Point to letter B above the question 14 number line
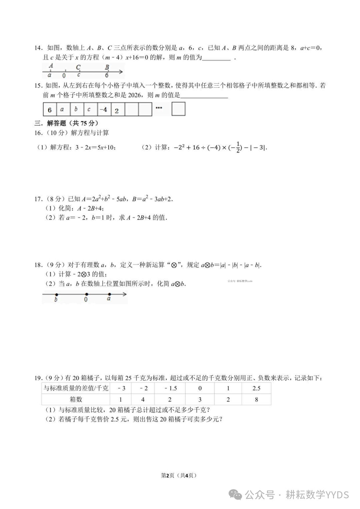(107, 67)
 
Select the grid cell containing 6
(50, 110)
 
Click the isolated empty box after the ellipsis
(178, 109)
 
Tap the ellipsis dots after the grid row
(159, 108)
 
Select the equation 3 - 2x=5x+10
(96, 147)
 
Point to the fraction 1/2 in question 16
(238, 147)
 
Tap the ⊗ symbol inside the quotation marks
(174, 265)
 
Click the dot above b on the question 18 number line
(57, 294)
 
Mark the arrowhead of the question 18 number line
(124, 294)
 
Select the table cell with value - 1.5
(171, 388)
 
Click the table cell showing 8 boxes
(256, 399)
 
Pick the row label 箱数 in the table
(76, 399)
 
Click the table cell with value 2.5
(256, 388)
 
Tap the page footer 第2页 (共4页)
(179, 475)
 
